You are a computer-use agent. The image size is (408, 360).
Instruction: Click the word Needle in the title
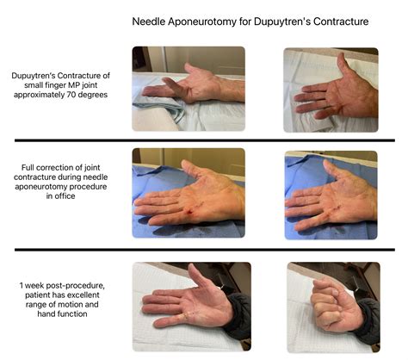(x=151, y=21)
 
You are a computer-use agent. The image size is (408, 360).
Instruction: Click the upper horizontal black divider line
(x=204, y=140)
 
